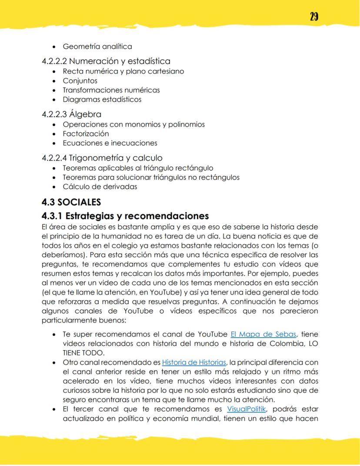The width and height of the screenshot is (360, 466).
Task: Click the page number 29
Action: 314,17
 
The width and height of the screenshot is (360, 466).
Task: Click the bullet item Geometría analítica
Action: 97,47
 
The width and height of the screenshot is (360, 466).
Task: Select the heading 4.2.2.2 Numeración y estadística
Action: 106,61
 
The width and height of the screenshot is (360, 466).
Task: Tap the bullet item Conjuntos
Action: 80,81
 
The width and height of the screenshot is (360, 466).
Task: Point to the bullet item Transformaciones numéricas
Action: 111,90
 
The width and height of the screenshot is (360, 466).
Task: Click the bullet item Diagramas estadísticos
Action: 102,99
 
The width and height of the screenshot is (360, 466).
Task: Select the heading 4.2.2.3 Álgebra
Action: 71,114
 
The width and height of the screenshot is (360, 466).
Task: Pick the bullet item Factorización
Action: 86,134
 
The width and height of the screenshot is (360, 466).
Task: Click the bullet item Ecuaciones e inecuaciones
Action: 110,143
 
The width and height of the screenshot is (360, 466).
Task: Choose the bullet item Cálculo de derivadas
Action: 100,187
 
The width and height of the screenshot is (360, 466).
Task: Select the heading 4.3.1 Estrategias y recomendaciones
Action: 125,216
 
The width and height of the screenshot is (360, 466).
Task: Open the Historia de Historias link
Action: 194,362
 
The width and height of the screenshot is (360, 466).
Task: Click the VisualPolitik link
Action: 246,409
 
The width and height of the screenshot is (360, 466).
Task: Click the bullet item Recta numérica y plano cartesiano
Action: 123,71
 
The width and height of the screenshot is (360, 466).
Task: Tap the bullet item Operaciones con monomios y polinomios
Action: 133,124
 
